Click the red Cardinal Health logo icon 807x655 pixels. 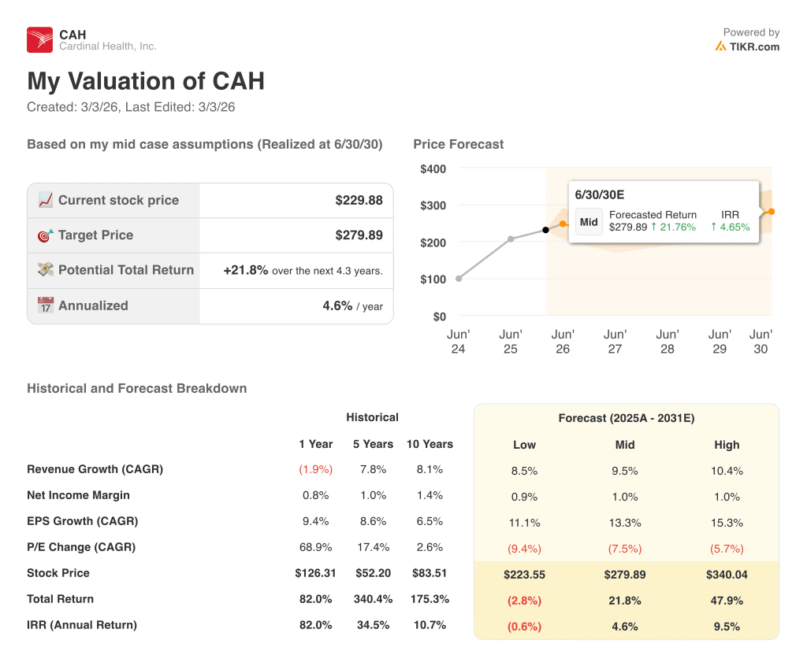(39, 39)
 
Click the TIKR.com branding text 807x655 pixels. (753, 46)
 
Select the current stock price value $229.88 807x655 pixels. (359, 201)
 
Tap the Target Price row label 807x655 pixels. (95, 235)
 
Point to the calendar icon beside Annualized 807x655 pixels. (46, 305)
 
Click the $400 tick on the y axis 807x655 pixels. (433, 169)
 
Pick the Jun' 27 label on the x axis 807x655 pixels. (615, 342)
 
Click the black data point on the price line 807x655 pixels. (545, 230)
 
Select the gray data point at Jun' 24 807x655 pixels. (459, 279)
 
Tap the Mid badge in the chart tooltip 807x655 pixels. (589, 222)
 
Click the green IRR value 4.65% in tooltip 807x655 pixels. (730, 228)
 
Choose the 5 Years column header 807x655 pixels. (373, 444)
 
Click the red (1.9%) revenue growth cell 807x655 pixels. (315, 470)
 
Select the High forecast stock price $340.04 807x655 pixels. (727, 575)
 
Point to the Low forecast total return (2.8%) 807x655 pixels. (524, 601)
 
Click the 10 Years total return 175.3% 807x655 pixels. (430, 599)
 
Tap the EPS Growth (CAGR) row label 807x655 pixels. (82, 521)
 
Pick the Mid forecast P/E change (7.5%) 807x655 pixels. (625, 549)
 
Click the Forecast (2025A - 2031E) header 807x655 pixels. (626, 418)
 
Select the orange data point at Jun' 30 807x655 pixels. (771, 212)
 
